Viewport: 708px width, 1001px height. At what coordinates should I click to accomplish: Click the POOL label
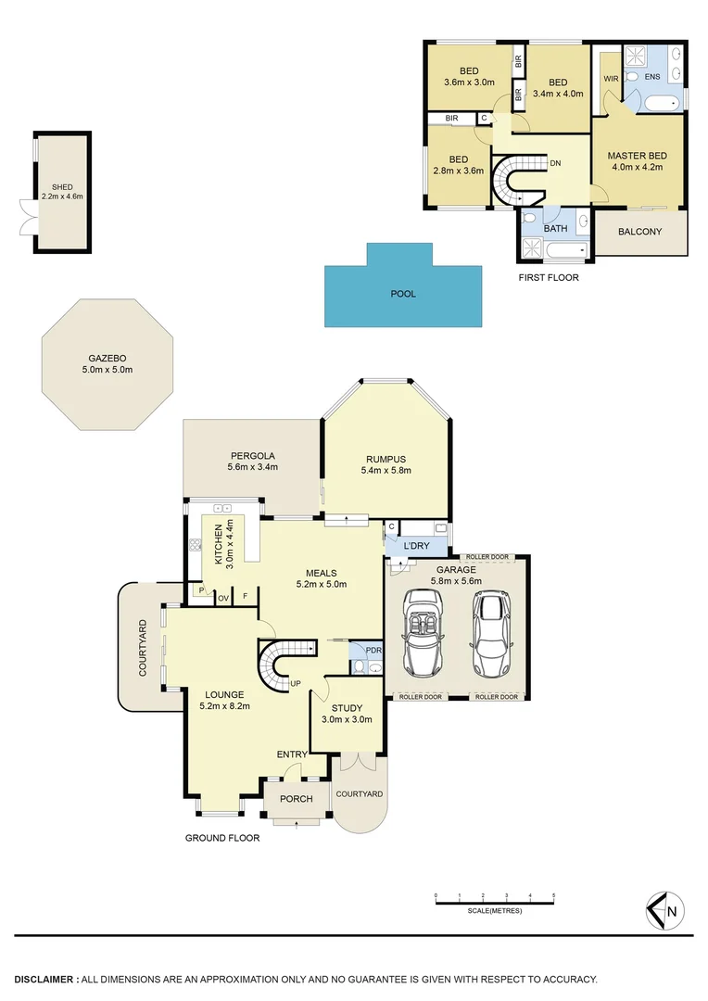(x=403, y=294)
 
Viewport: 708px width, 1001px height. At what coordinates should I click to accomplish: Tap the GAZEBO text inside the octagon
(x=107, y=358)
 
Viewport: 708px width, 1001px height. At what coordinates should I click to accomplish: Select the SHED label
(x=62, y=187)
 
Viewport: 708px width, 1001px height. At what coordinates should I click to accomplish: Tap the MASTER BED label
(x=638, y=156)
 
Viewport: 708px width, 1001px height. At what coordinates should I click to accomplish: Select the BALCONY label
(x=639, y=232)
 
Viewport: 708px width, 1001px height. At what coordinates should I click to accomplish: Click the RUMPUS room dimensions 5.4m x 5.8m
(x=386, y=471)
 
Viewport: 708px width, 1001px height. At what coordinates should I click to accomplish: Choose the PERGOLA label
(x=252, y=455)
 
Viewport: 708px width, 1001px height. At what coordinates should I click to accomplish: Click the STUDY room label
(x=347, y=708)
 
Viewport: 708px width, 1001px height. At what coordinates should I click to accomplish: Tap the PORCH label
(x=297, y=799)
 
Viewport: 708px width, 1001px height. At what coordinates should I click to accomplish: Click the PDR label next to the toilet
(x=373, y=650)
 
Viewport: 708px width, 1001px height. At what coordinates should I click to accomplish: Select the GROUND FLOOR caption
(x=222, y=838)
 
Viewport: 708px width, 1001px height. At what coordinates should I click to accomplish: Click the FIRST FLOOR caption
(x=549, y=277)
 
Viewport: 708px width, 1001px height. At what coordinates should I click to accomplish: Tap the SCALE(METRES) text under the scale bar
(x=495, y=911)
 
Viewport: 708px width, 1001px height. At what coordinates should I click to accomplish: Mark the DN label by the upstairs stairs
(x=555, y=163)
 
